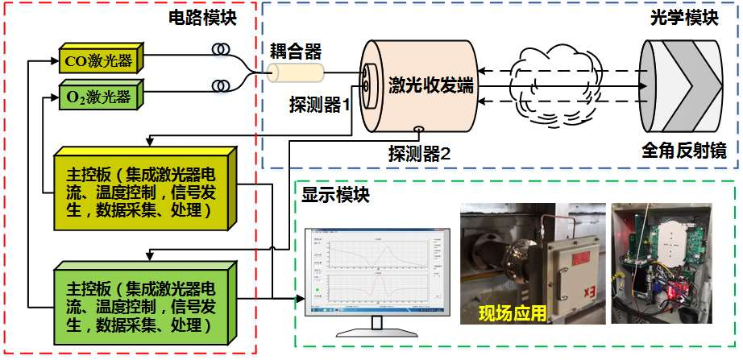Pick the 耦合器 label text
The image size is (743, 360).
point(296,52)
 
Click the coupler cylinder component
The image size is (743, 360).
point(296,74)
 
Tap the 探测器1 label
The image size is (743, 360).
point(319,105)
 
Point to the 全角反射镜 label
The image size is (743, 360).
point(683,151)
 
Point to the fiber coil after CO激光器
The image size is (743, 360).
point(219,50)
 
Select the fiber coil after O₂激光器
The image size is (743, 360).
point(219,85)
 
